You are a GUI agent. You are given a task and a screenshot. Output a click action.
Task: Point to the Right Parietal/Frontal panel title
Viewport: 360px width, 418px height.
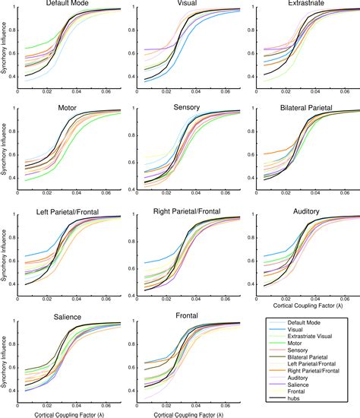tap(188, 212)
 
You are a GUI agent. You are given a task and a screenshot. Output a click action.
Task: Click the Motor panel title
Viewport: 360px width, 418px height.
tap(68, 108)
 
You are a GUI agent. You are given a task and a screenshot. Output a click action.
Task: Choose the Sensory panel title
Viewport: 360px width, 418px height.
tap(188, 108)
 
